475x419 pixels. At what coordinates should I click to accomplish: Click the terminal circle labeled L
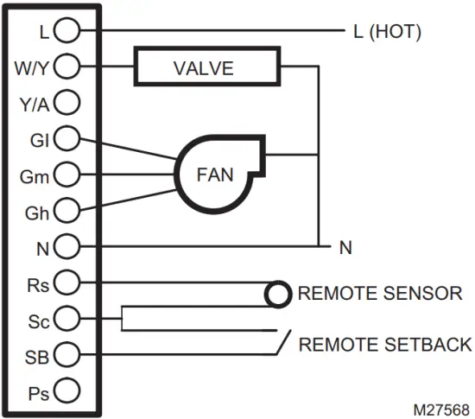click(67, 32)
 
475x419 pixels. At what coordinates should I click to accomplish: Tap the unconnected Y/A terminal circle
click(67, 104)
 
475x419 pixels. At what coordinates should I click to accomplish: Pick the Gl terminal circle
click(67, 138)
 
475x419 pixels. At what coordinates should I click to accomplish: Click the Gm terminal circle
click(67, 175)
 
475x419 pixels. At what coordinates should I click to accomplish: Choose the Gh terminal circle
click(67, 210)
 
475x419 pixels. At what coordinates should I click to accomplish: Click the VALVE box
click(206, 67)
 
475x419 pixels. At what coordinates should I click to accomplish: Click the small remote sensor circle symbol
click(276, 294)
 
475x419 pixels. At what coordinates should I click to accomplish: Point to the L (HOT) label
click(386, 33)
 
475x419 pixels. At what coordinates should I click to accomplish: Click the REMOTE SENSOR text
click(380, 294)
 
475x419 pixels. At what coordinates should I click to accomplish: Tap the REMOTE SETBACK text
click(385, 345)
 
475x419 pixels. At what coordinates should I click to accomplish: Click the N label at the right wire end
click(345, 248)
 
